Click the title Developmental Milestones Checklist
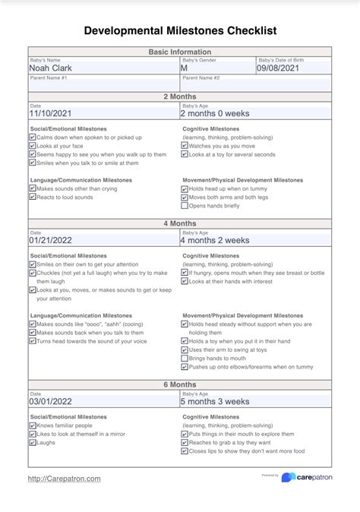coord(179,31)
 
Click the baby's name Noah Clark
coord(52,68)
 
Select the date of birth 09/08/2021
coord(279,68)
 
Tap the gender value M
coord(184,68)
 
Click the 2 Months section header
coord(179,96)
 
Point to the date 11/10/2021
coord(55,113)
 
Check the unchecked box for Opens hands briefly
coord(185,206)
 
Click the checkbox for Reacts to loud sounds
coord(33,197)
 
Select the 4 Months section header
coord(179,223)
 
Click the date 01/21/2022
coord(55,240)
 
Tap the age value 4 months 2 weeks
coord(214,240)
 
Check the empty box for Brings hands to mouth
coord(185,358)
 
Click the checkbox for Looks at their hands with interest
coord(185,281)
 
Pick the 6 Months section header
coord(179,384)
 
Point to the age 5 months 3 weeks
coord(214,401)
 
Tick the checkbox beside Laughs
coord(33,442)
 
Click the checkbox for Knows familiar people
coord(33,425)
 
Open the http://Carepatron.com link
coord(64,479)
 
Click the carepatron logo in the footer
coord(308,478)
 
